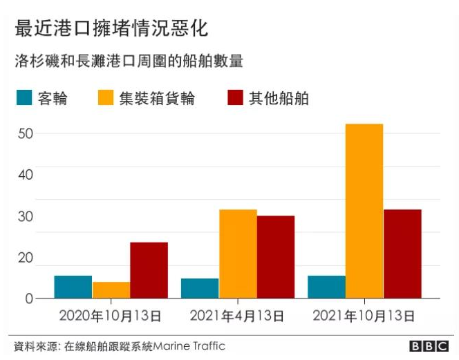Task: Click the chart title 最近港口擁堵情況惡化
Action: (111, 28)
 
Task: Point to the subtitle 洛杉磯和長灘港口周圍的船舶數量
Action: (129, 61)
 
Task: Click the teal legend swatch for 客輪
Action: (24, 97)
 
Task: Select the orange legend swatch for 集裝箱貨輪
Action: (105, 97)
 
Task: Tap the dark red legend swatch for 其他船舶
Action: (235, 97)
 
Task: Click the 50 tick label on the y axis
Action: (26, 134)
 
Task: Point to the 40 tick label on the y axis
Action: (26, 175)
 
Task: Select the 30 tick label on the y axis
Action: (26, 216)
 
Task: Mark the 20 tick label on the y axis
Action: (26, 258)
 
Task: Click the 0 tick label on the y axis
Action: (29, 299)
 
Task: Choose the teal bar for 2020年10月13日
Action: (73, 287)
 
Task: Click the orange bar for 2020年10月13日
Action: (111, 290)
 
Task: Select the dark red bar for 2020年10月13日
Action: (149, 270)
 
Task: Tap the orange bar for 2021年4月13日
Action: (238, 254)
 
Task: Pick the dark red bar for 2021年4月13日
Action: (276, 257)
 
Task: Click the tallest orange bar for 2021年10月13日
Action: (364, 211)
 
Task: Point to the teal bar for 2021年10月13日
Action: (327, 287)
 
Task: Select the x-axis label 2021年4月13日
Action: (237, 316)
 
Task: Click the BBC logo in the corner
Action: (429, 346)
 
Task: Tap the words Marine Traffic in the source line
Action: (189, 346)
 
